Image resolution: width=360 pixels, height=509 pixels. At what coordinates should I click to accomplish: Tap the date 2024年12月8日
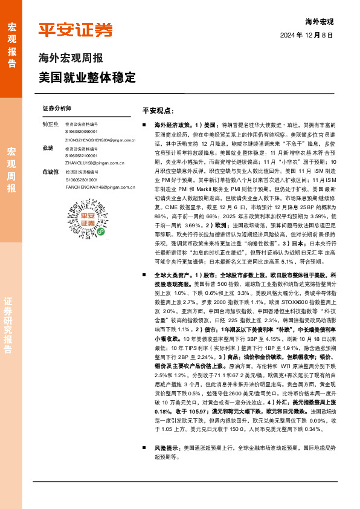point(307,36)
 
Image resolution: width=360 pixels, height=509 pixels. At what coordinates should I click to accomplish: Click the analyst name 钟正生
point(51,124)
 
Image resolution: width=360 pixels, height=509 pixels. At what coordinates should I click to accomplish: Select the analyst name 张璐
point(48,148)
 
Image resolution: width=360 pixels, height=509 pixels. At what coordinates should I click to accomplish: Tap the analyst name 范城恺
point(51,172)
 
